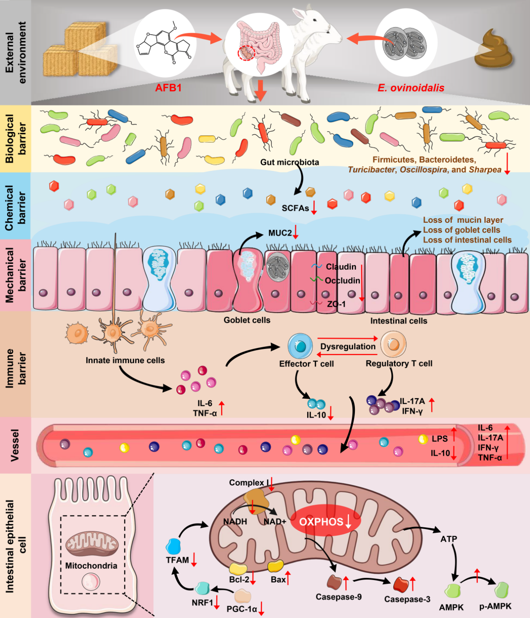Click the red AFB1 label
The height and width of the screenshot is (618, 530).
coord(168,88)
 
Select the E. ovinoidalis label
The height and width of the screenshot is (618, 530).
coord(411,88)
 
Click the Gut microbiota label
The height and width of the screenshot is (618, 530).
coord(289,162)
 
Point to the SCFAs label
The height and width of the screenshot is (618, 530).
coord(295,208)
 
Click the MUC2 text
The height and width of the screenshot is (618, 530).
coord(280,233)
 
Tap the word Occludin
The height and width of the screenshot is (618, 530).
coord(342,281)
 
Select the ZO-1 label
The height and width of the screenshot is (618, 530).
coord(336,304)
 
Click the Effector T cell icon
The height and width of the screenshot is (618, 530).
coord(300,345)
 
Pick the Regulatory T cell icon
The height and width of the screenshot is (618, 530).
coord(393,344)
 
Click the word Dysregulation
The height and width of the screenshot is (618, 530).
coord(348,346)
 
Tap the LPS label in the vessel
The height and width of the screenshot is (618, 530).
coord(439,439)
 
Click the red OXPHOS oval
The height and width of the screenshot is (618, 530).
coord(325,521)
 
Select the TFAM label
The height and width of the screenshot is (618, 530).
coord(177,560)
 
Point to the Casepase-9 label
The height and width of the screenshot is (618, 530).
coord(338,597)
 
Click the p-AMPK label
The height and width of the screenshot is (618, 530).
coord(495,606)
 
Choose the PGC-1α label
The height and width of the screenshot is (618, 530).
coord(241,609)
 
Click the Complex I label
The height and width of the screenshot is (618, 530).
coord(249,483)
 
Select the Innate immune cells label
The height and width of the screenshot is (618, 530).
coord(125,360)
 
